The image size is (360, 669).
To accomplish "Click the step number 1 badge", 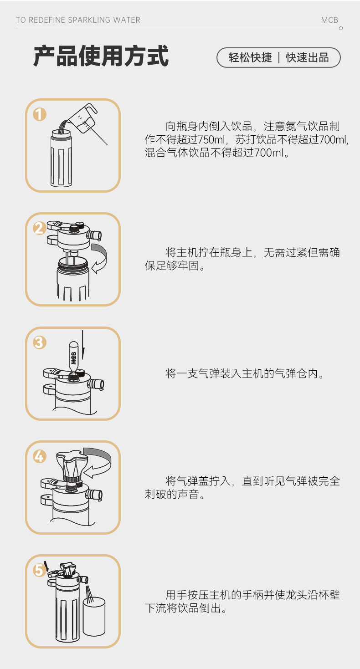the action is point(40,114).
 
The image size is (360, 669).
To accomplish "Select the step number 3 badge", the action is point(40,342).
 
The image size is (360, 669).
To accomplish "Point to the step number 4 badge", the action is point(40,457).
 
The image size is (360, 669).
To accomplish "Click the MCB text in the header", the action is point(329,20).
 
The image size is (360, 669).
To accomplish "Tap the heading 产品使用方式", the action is point(101,56).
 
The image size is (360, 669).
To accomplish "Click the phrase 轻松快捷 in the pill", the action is point(250,58).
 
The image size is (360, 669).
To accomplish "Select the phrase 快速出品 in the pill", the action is point(308,58).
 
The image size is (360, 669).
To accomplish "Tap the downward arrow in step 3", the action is point(83,345).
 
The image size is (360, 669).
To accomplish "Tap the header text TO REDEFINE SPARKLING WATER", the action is point(78,20).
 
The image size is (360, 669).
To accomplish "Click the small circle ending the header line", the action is point(341,28).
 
